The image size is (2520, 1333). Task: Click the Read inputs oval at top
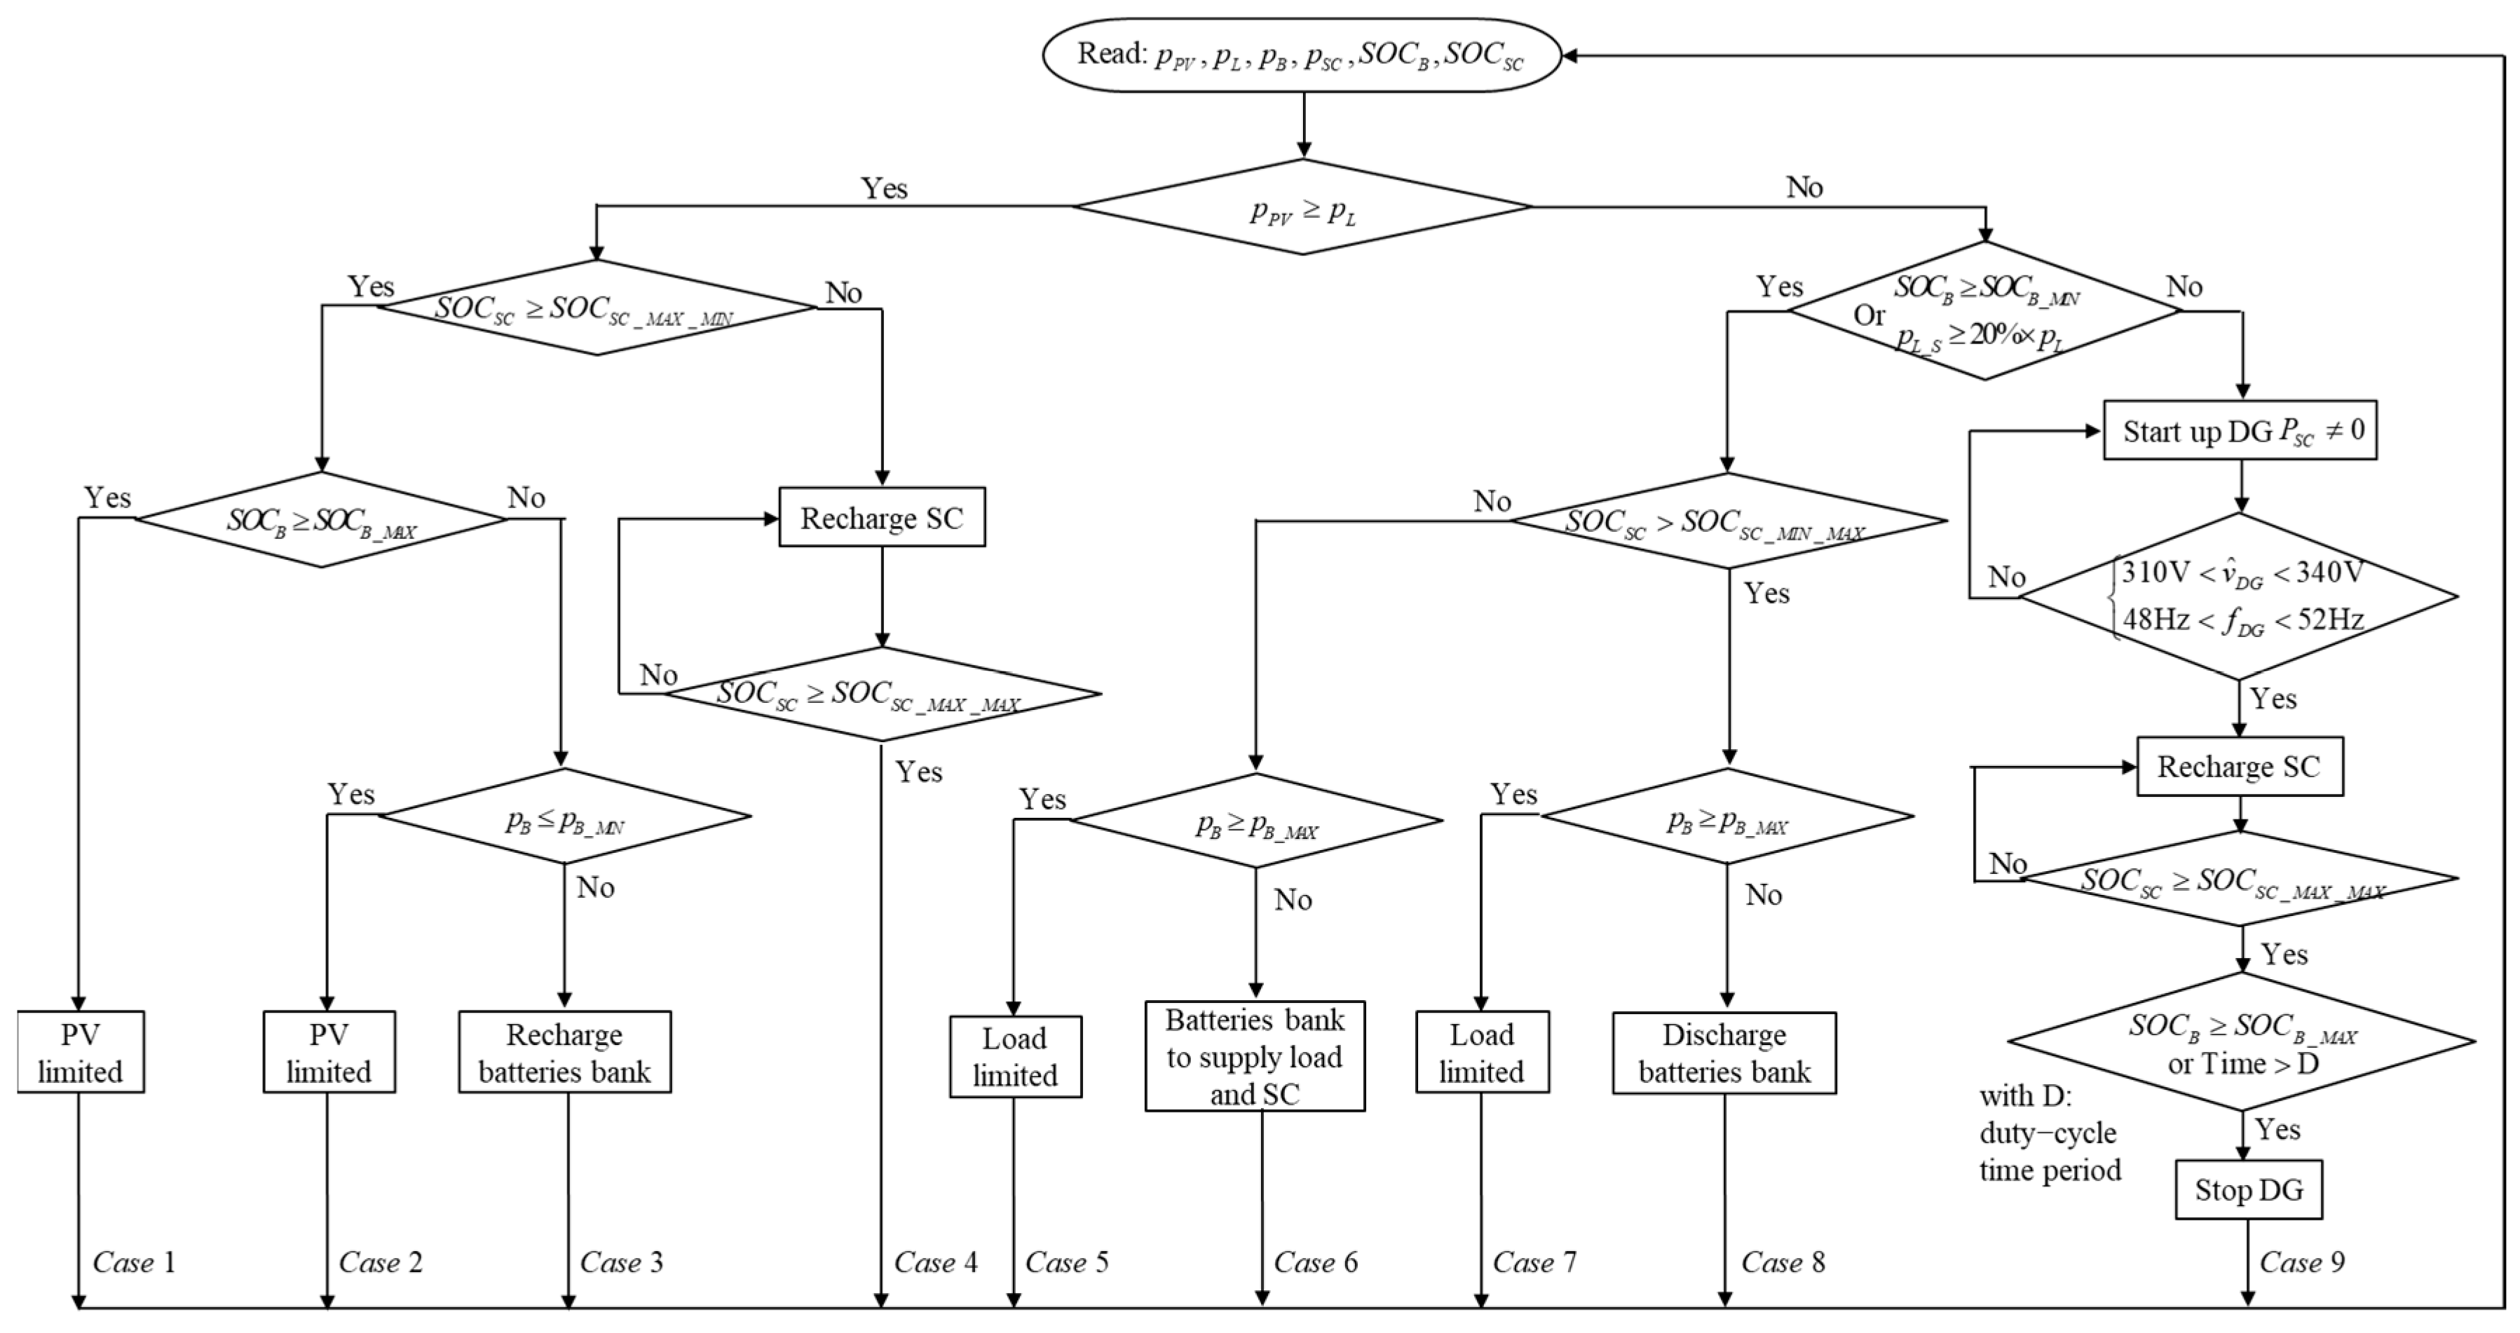(x=1301, y=55)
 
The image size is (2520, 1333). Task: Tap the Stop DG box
(x=2248, y=1189)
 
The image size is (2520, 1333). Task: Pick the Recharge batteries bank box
(x=564, y=1053)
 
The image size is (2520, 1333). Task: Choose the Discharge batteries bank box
(x=1724, y=1053)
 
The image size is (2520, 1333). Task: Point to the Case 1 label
(x=134, y=1263)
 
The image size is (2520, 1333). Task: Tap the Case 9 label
(x=2301, y=1263)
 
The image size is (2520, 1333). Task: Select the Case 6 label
(x=1315, y=1263)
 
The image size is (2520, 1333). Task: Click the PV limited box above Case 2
(x=329, y=1053)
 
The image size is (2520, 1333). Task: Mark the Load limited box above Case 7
(x=1481, y=1053)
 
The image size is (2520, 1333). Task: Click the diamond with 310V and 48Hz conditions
(x=2239, y=596)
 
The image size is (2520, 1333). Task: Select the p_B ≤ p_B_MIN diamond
(x=564, y=816)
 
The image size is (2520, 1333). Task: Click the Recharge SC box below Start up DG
(x=2239, y=767)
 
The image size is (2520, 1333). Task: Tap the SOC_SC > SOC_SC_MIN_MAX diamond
(x=1728, y=521)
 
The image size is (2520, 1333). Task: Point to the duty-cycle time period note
(x=2050, y=1133)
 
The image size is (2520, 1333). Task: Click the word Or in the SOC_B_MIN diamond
(x=1869, y=315)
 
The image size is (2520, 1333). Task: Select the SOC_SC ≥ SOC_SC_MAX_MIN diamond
(x=597, y=308)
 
